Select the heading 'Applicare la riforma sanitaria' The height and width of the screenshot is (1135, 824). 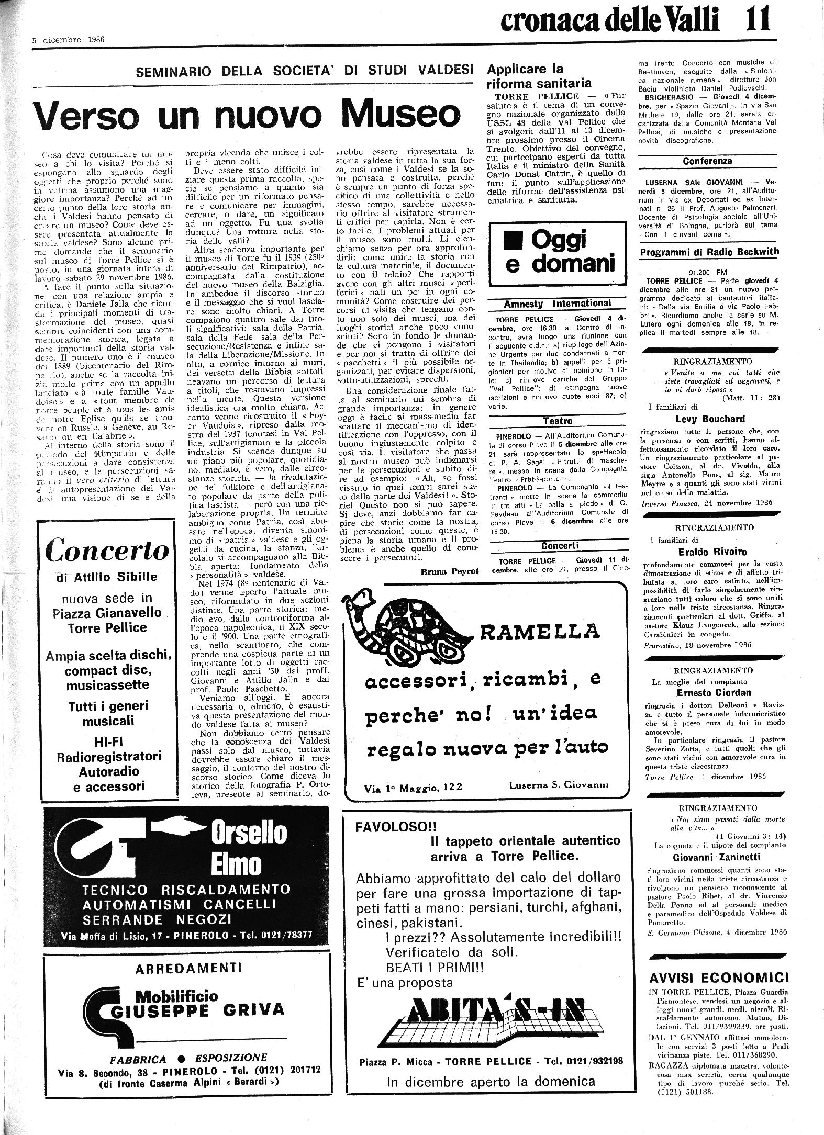coord(539,76)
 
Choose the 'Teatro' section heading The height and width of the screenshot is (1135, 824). coord(558,421)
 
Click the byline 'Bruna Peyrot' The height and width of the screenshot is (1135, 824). coord(450,571)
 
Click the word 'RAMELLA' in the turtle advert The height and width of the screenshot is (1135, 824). coord(539,632)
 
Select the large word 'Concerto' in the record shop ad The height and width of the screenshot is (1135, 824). coord(107,550)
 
